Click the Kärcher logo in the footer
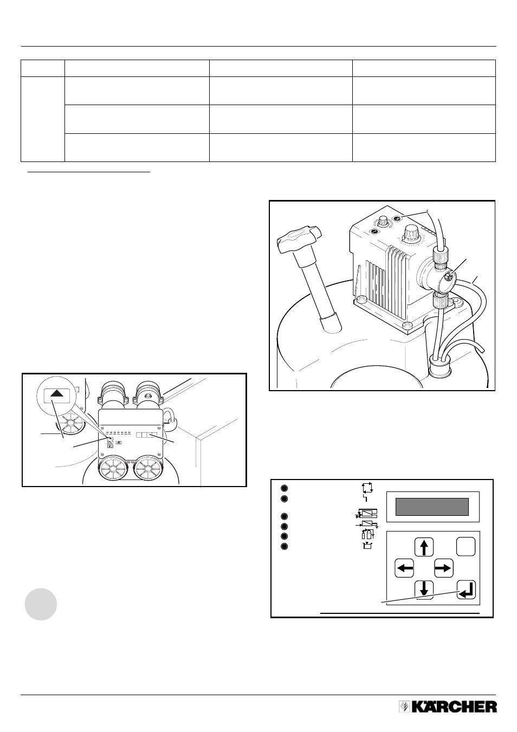pos(448,707)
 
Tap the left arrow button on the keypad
pos(404,568)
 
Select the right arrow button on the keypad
pos(443,568)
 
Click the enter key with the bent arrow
pos(466,590)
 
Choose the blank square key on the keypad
pos(466,547)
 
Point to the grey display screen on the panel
pos(432,507)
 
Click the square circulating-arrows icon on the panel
pos(367,488)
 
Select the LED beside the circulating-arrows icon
pos(285,488)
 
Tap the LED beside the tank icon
pos(285,546)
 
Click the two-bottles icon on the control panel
pos(367,534)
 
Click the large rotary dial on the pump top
pos(410,232)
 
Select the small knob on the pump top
pos(382,222)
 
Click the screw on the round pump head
pos(449,278)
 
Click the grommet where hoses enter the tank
pos(438,365)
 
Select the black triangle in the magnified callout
pos(57,393)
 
